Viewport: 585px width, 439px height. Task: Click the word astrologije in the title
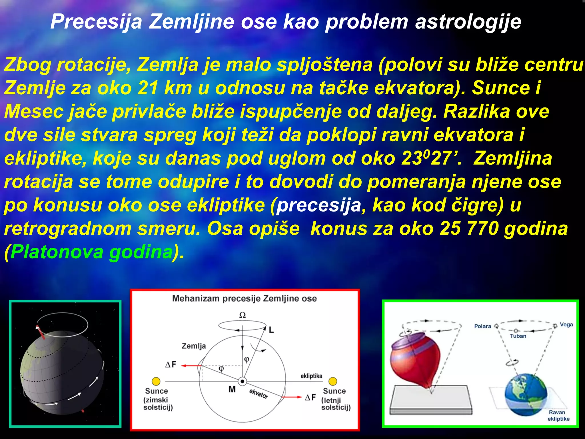[468, 22]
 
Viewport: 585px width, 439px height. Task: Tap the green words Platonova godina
[91, 252]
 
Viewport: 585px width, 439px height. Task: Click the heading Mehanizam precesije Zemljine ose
[244, 299]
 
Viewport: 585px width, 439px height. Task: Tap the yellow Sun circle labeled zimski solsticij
[156, 381]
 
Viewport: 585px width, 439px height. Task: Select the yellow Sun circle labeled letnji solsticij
[333, 381]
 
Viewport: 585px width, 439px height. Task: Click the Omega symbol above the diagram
[242, 315]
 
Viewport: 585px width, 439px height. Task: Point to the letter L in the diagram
[271, 330]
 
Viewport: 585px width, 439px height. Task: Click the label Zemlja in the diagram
[194, 346]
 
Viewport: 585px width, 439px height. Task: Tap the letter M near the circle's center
[232, 389]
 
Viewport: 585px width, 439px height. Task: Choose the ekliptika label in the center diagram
[311, 376]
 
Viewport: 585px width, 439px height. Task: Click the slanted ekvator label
[259, 394]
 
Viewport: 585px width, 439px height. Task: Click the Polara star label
[482, 326]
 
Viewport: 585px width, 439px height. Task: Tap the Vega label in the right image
[566, 324]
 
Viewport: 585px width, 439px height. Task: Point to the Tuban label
[518, 336]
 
